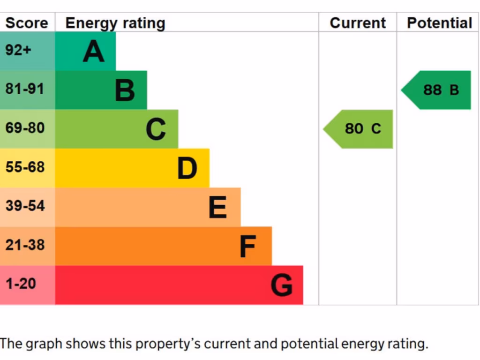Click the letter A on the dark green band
[93, 51]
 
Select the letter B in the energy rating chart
[125, 90]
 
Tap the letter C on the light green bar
[156, 129]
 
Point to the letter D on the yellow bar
[187, 168]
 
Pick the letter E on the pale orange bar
[217, 207]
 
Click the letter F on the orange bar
[247, 246]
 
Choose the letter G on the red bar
[282, 285]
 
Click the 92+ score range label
[18, 50]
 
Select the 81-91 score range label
[25, 89]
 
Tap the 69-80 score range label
[25, 127]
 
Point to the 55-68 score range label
[25, 167]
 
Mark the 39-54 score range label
[25, 206]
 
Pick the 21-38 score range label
[25, 245]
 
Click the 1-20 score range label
[21, 284]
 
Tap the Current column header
[358, 23]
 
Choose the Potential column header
[439, 23]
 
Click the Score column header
[27, 23]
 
